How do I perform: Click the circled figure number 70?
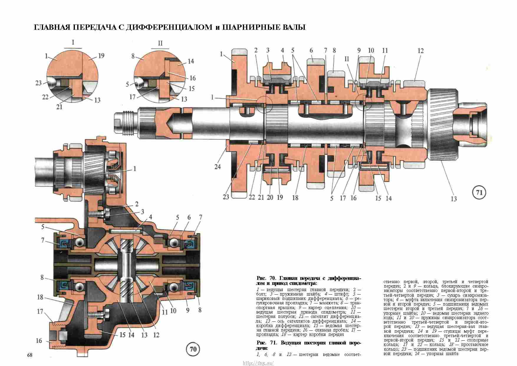(193, 349)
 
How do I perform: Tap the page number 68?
(30, 355)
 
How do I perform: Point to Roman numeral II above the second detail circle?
(160, 43)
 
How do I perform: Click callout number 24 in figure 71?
(218, 167)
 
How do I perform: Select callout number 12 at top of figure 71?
(420, 51)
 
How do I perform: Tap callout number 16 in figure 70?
(39, 341)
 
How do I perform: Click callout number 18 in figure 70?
(40, 297)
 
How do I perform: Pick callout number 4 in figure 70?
(151, 217)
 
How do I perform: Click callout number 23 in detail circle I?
(39, 83)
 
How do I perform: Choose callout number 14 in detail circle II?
(191, 61)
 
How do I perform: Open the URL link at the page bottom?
(258, 363)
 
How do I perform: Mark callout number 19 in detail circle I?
(101, 56)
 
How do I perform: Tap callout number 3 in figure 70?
(142, 212)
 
